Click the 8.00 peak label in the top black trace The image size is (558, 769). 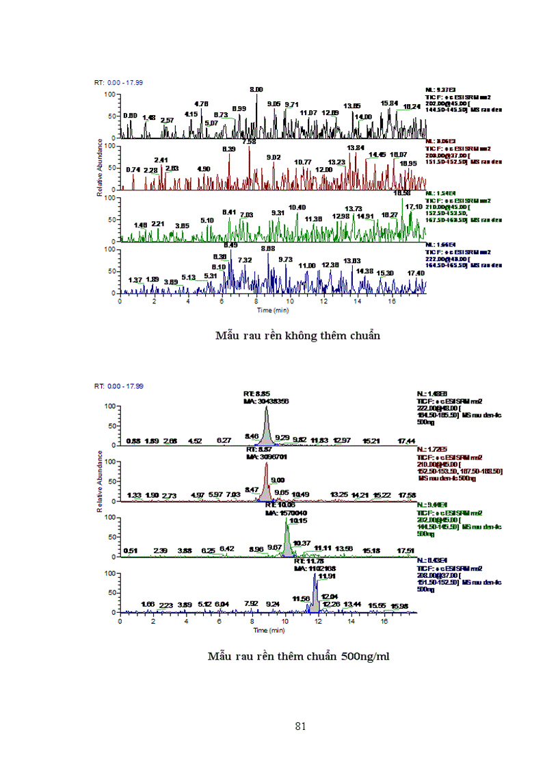coord(256,90)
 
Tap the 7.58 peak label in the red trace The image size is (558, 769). coord(249,142)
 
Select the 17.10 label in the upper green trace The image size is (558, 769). coord(414,207)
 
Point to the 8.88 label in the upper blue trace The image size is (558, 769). coord(267,249)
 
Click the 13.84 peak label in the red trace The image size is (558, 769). coord(356,148)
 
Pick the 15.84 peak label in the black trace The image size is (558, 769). coord(389,103)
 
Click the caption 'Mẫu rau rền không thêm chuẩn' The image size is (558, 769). coord(297,336)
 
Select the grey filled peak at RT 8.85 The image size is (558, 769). coord(266,428)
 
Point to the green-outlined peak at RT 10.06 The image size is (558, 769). coord(288,538)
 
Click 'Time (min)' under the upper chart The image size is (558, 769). coord(273,310)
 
